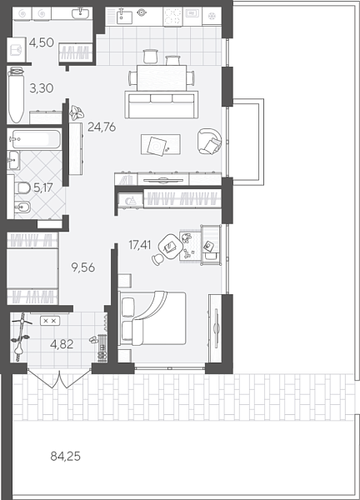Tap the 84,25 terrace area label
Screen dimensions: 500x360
67,456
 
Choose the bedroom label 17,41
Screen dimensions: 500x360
142,245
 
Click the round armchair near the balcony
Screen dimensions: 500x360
209,142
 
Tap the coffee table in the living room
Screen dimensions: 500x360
157,144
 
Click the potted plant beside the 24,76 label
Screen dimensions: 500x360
77,112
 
